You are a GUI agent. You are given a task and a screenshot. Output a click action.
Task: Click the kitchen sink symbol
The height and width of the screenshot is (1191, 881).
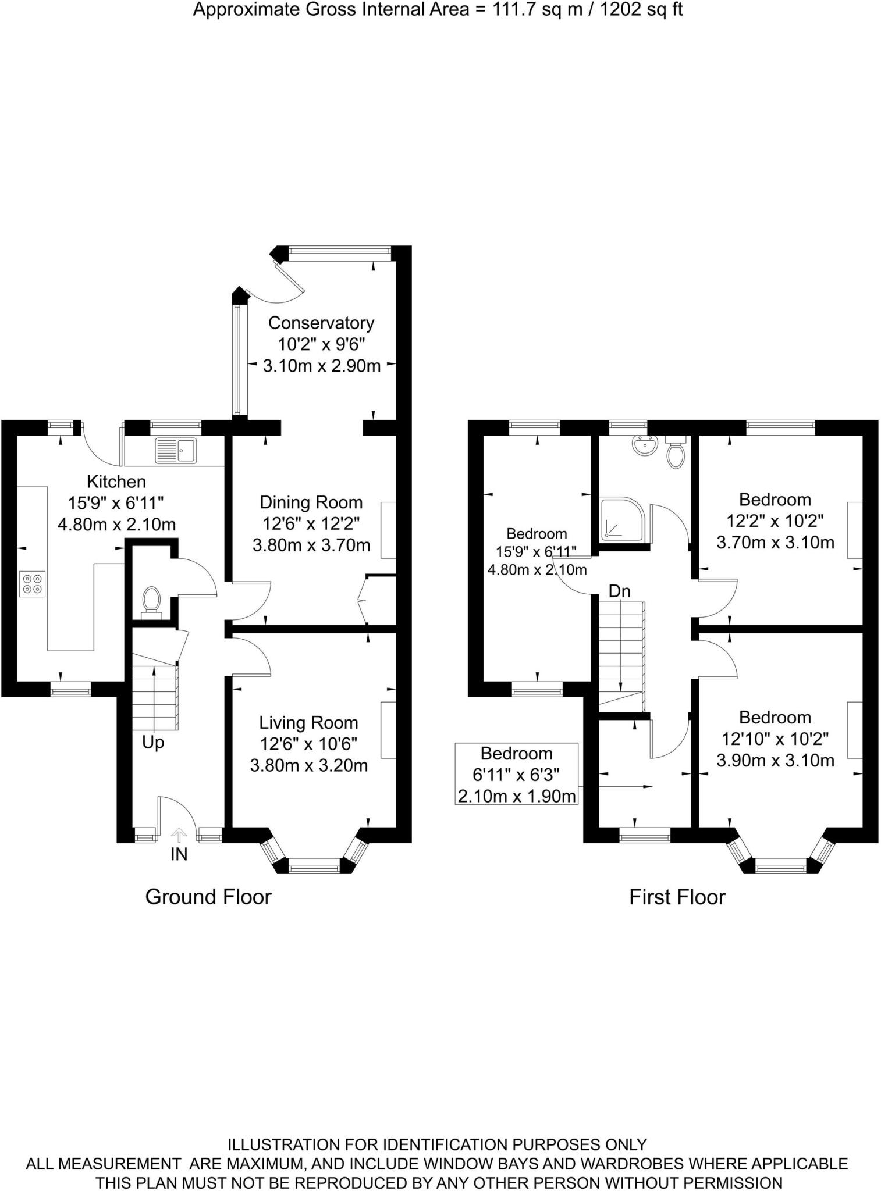pyautogui.click(x=176, y=450)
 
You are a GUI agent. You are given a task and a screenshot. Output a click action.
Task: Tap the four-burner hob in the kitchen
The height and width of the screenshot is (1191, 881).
pyautogui.click(x=32, y=584)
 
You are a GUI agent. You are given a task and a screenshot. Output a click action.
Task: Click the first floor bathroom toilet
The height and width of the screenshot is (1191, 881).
pyautogui.click(x=675, y=454)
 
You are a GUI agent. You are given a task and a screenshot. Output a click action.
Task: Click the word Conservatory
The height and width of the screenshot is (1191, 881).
pyautogui.click(x=321, y=323)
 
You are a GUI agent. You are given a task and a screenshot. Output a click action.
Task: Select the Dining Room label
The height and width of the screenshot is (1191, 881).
pyautogui.click(x=311, y=502)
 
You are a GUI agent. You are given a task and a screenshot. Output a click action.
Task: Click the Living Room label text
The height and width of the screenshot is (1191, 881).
pyautogui.click(x=308, y=722)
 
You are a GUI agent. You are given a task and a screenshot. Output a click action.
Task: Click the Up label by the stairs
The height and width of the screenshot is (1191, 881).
pyautogui.click(x=153, y=743)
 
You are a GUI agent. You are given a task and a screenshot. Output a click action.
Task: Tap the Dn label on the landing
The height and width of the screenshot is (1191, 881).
pyautogui.click(x=619, y=591)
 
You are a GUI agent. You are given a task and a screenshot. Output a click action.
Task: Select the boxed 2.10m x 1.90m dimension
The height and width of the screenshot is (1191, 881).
pyautogui.click(x=517, y=796)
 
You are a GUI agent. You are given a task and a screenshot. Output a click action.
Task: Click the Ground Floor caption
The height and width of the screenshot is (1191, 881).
pyautogui.click(x=208, y=897)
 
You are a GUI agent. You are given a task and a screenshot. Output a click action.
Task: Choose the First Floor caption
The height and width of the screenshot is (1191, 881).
pyautogui.click(x=677, y=897)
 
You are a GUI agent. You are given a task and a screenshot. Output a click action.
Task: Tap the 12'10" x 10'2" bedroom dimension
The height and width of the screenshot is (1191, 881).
pyautogui.click(x=775, y=739)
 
